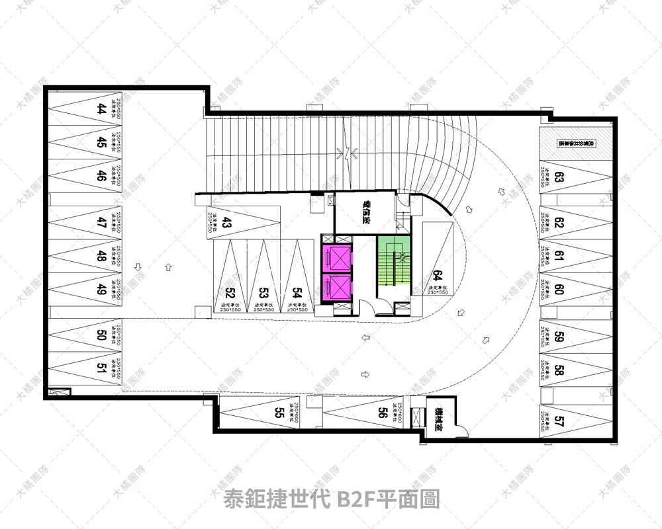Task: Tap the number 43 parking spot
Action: tap(226, 223)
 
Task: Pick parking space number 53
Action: tap(263, 292)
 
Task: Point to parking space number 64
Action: tap(437, 276)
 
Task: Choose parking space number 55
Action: tap(279, 413)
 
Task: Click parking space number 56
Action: tap(382, 413)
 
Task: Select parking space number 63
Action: tap(559, 178)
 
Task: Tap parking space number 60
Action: tap(559, 289)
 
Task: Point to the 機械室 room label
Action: tap(438, 419)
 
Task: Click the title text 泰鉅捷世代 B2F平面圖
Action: tap(332, 498)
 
